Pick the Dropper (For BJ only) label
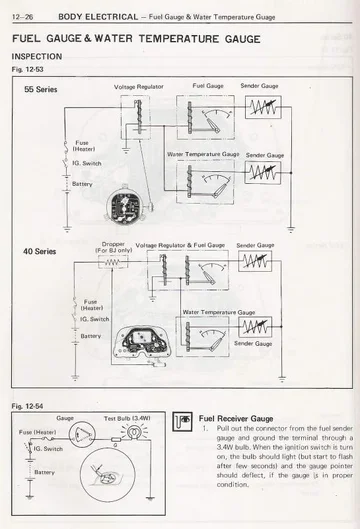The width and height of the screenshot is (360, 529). [x=113, y=246]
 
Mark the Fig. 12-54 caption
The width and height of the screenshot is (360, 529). [x=27, y=407]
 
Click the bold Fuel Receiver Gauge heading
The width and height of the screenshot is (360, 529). [x=241, y=420]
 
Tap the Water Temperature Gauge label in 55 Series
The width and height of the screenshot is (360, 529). [x=203, y=155]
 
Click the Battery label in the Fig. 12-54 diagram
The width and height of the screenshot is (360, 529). [x=45, y=470]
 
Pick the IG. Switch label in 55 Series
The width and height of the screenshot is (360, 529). [x=87, y=162]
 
